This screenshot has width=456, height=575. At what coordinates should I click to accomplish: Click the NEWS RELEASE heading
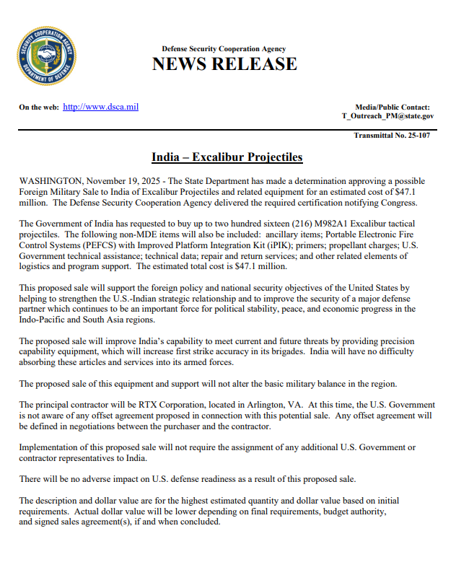[224, 64]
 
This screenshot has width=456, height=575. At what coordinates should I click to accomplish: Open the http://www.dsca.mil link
[100, 107]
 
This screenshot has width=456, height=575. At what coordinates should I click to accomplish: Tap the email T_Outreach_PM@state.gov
[387, 115]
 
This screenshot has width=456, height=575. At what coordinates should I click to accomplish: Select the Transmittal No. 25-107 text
[392, 135]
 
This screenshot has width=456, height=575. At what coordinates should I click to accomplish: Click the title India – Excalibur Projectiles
[227, 157]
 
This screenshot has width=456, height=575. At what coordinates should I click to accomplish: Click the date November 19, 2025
[126, 181]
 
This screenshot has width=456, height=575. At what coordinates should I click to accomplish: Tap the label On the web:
[38, 107]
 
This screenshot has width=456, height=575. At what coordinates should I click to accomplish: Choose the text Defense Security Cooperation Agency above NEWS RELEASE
[224, 49]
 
